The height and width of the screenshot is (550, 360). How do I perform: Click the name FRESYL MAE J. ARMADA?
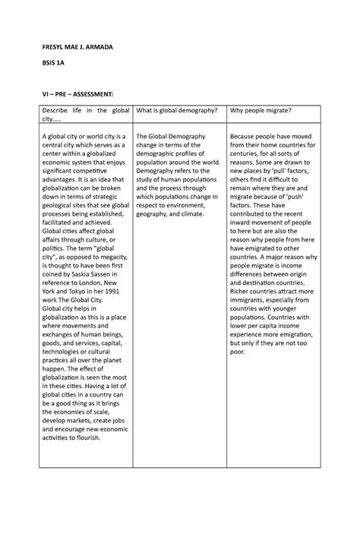(x=74, y=47)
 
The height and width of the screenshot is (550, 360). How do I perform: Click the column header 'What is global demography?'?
(x=177, y=112)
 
